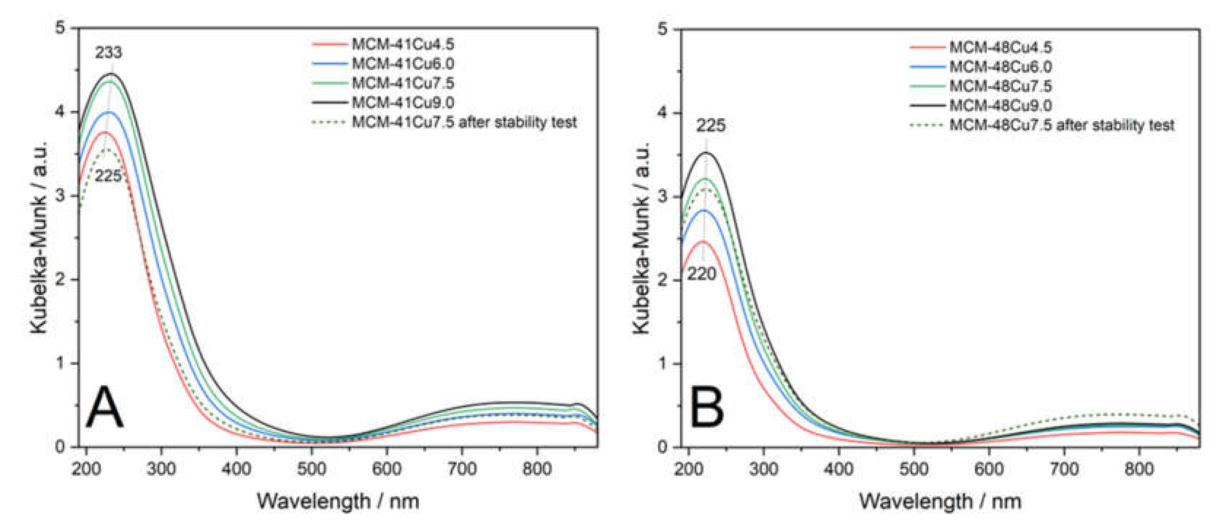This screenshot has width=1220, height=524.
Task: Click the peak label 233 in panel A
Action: click(x=108, y=53)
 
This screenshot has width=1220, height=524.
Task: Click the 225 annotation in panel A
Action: click(x=108, y=176)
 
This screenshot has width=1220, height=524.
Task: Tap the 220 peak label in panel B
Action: click(x=702, y=274)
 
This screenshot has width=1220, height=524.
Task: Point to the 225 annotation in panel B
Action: click(x=710, y=126)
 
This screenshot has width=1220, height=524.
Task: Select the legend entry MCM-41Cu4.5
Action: click(x=403, y=44)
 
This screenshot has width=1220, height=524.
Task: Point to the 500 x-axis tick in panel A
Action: click(x=311, y=469)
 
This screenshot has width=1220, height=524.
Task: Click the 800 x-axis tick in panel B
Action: click(x=1139, y=469)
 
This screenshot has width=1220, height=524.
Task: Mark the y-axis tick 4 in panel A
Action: click(x=61, y=112)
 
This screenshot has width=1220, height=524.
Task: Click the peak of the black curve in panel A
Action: click(x=112, y=74)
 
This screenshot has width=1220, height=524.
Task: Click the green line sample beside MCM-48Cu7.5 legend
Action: click(x=927, y=86)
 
